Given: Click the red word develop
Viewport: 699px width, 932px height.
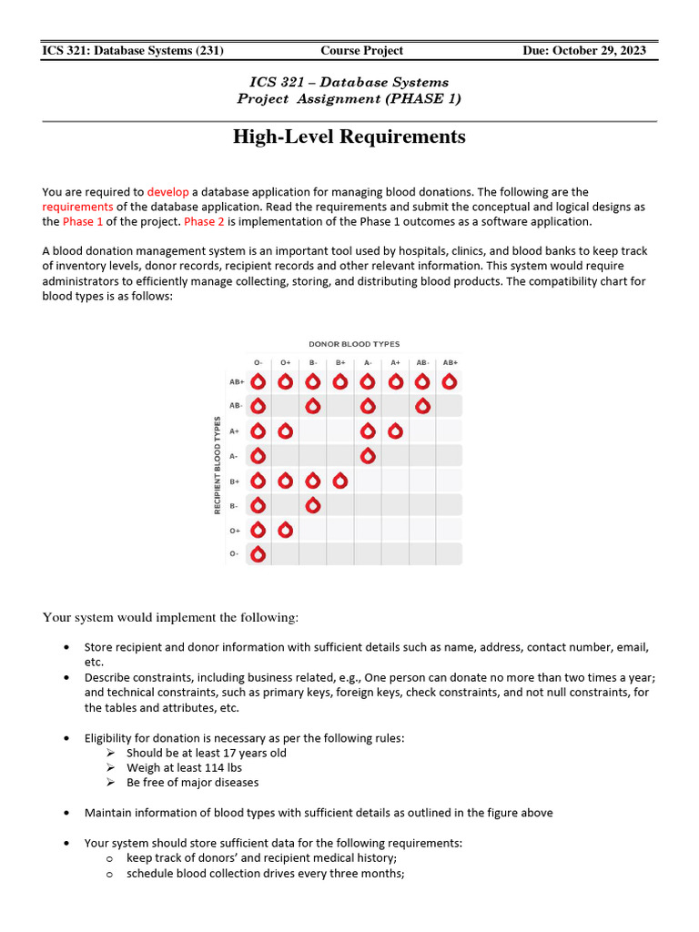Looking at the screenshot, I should pyautogui.click(x=167, y=192).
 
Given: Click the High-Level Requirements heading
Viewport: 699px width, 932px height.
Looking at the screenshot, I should pyautogui.click(x=349, y=137).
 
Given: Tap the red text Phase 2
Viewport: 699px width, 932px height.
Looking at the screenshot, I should pyautogui.click(x=200, y=221).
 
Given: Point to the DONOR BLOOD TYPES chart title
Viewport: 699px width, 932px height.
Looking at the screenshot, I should pyautogui.click(x=354, y=344).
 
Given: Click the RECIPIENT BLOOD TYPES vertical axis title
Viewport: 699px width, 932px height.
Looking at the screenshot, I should pyautogui.click(x=218, y=465).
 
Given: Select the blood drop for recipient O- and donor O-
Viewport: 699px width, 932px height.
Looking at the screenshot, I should pyautogui.click(x=258, y=553).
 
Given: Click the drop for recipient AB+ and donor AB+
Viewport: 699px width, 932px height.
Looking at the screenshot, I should pyautogui.click(x=450, y=381).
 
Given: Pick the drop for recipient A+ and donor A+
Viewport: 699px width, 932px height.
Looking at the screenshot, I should pyautogui.click(x=395, y=431).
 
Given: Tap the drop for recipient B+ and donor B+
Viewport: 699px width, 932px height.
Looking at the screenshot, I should pyautogui.click(x=339, y=480).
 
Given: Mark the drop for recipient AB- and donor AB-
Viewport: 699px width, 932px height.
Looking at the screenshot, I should pyautogui.click(x=422, y=406).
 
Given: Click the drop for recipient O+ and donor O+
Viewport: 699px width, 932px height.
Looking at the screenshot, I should pyautogui.click(x=285, y=529).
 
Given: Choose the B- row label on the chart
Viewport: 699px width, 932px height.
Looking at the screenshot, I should pyautogui.click(x=234, y=505).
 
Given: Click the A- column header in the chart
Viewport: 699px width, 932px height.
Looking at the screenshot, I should pyautogui.click(x=368, y=362).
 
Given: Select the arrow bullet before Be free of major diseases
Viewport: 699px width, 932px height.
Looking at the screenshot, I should pyautogui.click(x=110, y=782).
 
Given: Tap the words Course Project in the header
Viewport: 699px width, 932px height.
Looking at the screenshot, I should pyautogui.click(x=361, y=50).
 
